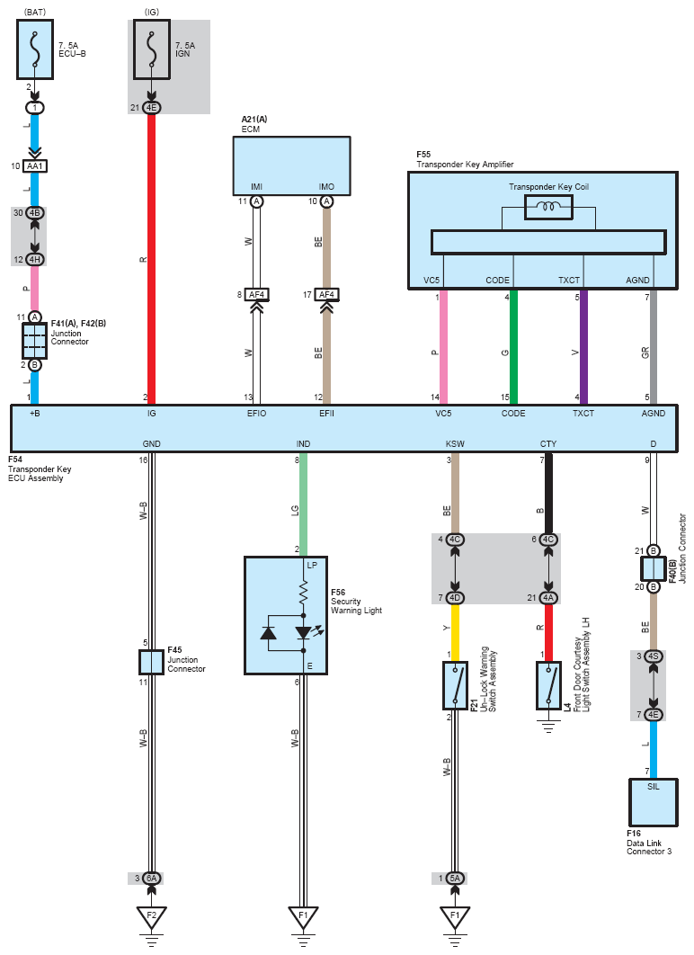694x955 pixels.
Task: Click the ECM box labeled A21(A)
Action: pyautogui.click(x=291, y=165)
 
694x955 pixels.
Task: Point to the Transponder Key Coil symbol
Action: pyautogui.click(x=549, y=208)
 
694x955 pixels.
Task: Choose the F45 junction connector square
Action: pyautogui.click(x=151, y=662)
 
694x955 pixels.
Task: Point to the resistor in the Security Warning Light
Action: pyautogui.click(x=304, y=592)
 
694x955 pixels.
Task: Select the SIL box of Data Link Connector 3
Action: pyautogui.click(x=653, y=801)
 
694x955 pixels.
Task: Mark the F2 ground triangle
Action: pyautogui.click(x=151, y=917)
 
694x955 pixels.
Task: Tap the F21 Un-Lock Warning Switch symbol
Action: pyautogui.click(x=455, y=687)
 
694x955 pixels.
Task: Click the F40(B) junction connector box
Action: pyautogui.click(x=653, y=568)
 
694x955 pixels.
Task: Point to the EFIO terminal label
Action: pyautogui.click(x=257, y=414)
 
